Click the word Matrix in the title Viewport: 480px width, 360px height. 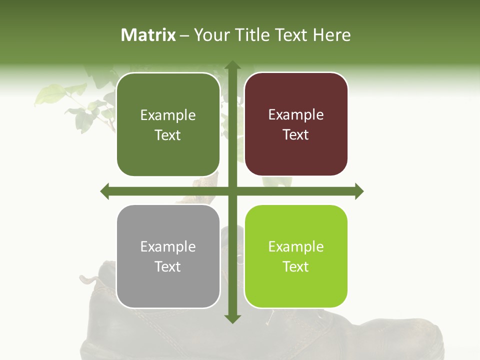coord(148,35)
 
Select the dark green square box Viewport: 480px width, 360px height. coord(168,124)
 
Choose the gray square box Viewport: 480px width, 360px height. coord(168,256)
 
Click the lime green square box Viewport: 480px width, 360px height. coord(296,256)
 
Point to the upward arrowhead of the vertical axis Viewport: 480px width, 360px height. coord(232,65)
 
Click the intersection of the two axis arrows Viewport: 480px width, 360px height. coord(232,191)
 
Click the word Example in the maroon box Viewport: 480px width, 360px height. coord(296,115)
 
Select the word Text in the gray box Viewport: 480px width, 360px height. coord(168,266)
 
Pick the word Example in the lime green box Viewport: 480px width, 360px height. coord(296,246)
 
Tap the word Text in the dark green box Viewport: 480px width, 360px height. coord(168,135)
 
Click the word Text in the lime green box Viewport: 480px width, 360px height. coord(296,266)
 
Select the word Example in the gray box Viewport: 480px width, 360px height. coord(168,246)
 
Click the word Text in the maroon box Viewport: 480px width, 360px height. coord(296,134)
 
